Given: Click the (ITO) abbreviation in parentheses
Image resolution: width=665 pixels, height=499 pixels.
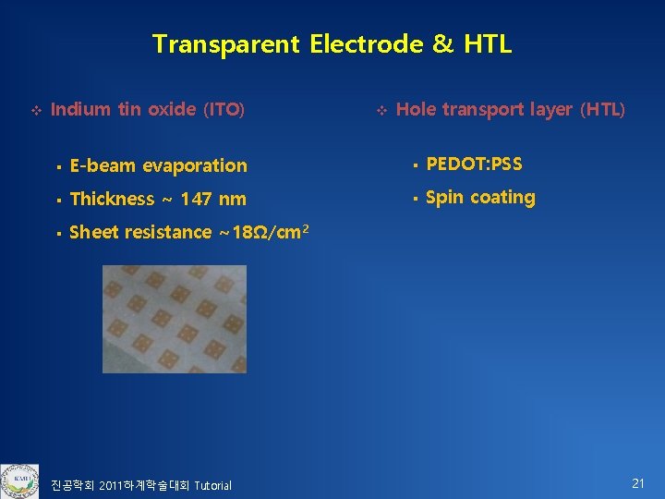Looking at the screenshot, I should click(x=224, y=110).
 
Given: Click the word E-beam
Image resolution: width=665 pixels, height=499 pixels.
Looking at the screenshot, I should click(x=99, y=166).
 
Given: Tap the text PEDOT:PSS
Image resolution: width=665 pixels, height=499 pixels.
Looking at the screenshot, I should click(x=474, y=164).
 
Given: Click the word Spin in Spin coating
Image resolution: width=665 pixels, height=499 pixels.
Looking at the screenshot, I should click(x=444, y=198).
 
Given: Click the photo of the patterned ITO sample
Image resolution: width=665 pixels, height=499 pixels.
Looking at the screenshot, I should click(x=175, y=319).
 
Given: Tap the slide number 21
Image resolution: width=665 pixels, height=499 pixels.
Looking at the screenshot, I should click(x=637, y=483).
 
